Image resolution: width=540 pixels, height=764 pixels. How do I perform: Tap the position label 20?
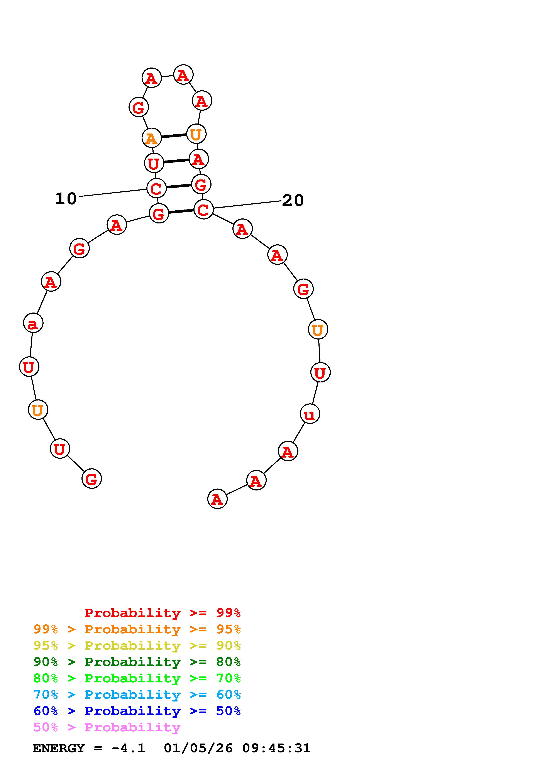[293, 200]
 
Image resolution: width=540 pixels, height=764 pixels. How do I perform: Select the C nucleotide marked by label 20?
[203, 209]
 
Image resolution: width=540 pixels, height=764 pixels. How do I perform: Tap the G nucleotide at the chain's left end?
[91, 478]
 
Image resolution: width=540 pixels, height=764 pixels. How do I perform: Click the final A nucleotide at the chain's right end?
[217, 499]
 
